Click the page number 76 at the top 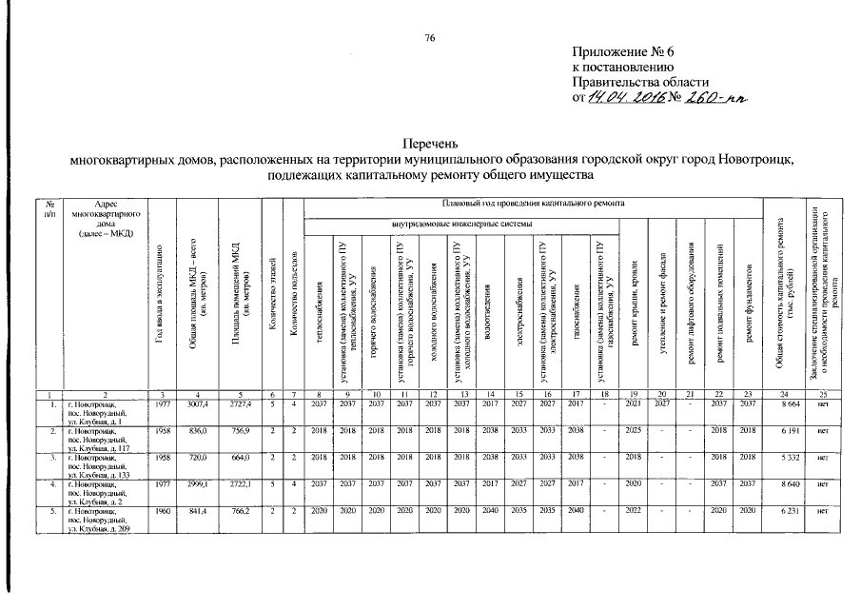[429, 37]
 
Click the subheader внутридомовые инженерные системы [462, 224]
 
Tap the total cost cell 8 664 [782, 403]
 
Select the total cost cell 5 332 [782, 457]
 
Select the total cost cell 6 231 [782, 510]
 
